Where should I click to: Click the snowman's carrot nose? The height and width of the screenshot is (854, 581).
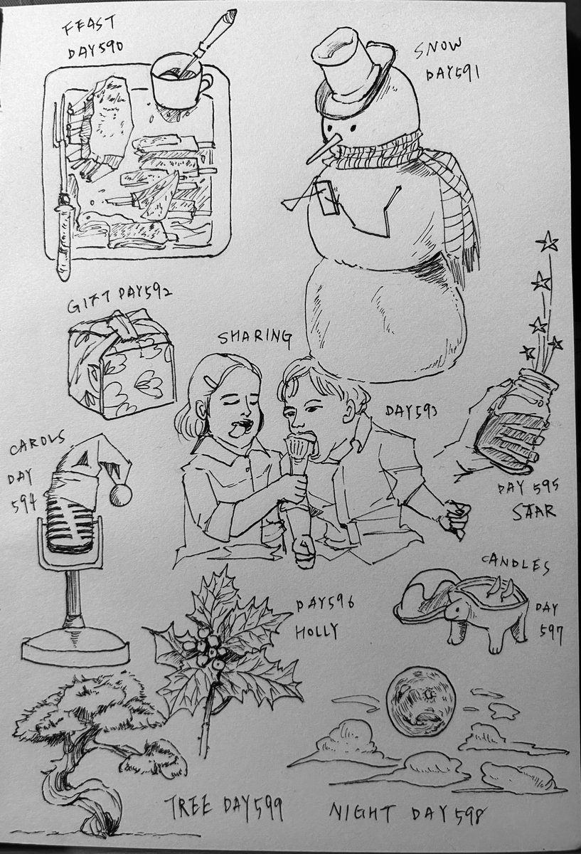323,149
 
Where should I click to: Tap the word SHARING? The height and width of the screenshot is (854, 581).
255,337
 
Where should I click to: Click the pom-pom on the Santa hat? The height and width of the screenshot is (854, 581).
120,495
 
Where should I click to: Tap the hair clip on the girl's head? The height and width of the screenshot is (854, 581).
210,380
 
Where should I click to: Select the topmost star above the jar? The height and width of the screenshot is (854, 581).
547,243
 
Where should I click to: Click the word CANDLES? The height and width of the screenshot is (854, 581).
516,564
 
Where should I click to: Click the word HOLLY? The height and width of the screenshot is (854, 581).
317,631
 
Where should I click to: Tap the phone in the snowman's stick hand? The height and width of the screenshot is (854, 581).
326,196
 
